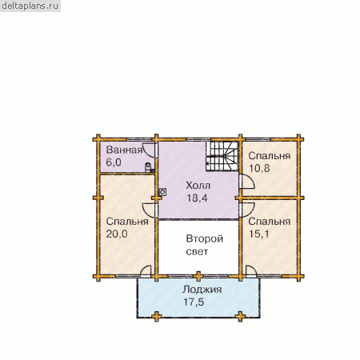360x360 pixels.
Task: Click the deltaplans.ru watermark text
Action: coord(30,6)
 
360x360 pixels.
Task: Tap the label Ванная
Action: coord(124,150)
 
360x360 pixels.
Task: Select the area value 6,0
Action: coord(114,162)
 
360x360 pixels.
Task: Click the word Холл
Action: coord(198,186)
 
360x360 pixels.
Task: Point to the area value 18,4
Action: coord(197,198)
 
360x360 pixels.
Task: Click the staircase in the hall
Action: coord(222,156)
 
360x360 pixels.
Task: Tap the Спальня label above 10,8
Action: coord(270,156)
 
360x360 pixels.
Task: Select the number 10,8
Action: coord(259,168)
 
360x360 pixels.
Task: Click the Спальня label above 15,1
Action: coord(270,222)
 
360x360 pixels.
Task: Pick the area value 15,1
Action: coord(259,234)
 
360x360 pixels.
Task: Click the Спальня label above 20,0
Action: coord(127,222)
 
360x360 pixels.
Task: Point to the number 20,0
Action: coord(117,234)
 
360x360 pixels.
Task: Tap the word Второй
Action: coord(205,238)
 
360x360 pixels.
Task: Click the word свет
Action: coord(197,251)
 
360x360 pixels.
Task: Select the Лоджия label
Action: coord(202,290)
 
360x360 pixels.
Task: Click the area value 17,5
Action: coord(194,302)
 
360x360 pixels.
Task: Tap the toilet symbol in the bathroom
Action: coord(149,167)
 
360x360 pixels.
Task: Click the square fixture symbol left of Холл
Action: coord(162,192)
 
